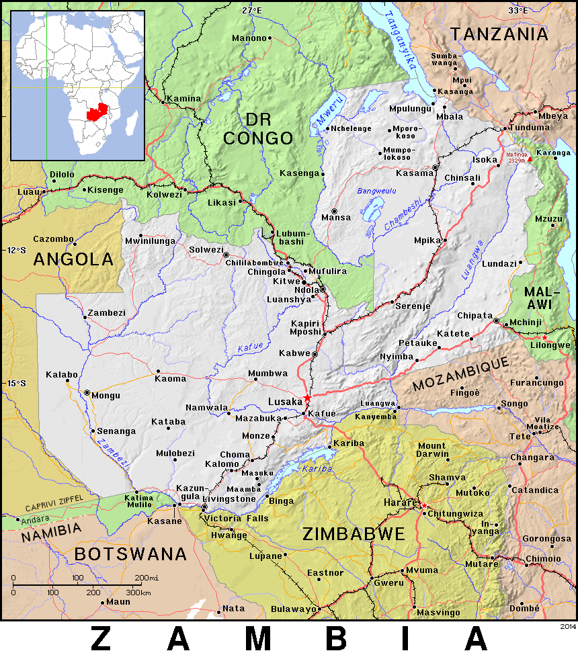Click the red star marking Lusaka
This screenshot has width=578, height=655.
(x=307, y=398)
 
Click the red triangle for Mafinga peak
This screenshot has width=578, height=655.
(x=530, y=159)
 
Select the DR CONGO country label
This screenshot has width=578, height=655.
(x=258, y=129)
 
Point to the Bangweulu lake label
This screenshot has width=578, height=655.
(x=377, y=191)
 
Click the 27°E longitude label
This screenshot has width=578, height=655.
(x=252, y=10)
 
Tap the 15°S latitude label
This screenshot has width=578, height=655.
(x=17, y=383)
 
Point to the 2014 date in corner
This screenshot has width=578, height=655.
(x=567, y=626)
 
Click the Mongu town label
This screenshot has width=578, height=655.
(x=106, y=396)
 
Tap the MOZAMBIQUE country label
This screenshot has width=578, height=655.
(x=461, y=374)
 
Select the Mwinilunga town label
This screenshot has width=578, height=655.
(x=150, y=241)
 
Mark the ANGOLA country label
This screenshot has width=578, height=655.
(x=73, y=259)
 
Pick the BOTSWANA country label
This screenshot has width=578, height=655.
(x=130, y=554)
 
